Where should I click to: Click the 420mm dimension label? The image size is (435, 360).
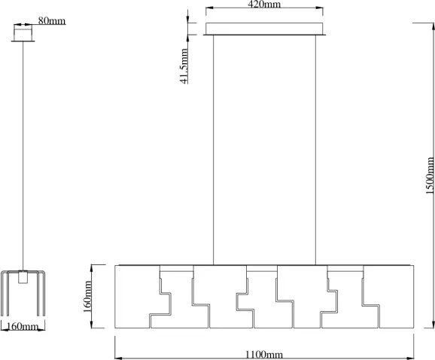(264, 5)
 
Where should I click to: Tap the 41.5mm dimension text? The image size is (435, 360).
(184, 66)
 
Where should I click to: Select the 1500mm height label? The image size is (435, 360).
(430, 175)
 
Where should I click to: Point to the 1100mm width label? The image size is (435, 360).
(264, 355)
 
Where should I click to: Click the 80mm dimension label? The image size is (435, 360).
(52, 21)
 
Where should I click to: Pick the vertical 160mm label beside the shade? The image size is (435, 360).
(87, 297)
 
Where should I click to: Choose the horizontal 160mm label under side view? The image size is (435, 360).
(22, 326)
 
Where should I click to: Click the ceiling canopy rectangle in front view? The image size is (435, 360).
(264, 29)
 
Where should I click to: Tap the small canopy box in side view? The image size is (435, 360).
(23, 33)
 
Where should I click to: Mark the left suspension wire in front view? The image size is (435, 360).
(213, 150)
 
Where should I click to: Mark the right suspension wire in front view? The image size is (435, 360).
(315, 150)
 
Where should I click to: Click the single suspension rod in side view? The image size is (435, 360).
(23, 156)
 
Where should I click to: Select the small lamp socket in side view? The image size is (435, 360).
(23, 276)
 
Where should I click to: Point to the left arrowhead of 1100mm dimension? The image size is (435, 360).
(118, 358)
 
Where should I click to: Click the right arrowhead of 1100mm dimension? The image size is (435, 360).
(410, 358)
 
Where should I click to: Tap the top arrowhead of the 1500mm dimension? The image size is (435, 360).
(433, 26)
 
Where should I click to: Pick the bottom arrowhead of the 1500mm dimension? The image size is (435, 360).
(433, 324)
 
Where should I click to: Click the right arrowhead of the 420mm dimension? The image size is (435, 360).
(319, 8)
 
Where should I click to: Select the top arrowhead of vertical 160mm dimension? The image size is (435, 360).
(92, 269)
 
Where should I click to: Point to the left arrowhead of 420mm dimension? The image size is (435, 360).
(209, 8)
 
